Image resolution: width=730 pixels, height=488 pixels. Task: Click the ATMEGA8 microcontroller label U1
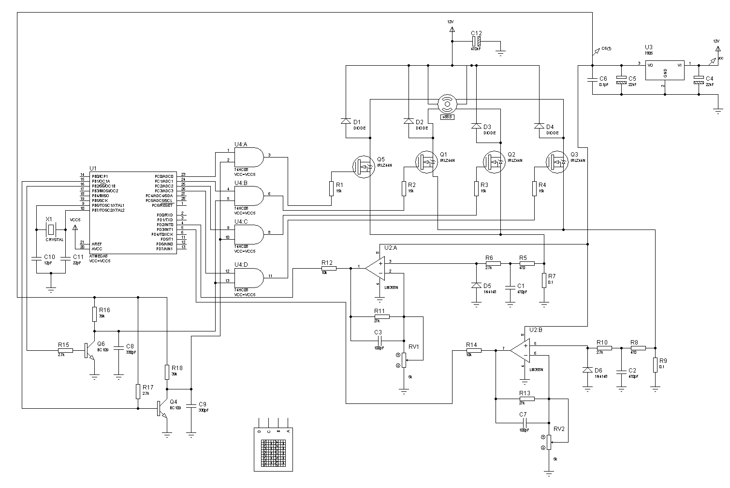point(93,168)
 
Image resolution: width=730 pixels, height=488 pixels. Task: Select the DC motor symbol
point(447,103)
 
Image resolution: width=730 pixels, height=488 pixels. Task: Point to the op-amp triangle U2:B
point(520,350)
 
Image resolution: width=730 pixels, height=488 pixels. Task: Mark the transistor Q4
point(162,409)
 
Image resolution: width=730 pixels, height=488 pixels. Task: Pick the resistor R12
point(329,268)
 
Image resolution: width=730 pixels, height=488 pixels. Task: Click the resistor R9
point(656,365)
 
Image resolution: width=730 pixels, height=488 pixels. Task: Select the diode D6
point(588,370)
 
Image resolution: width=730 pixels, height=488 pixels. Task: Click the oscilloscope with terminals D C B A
point(274,449)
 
